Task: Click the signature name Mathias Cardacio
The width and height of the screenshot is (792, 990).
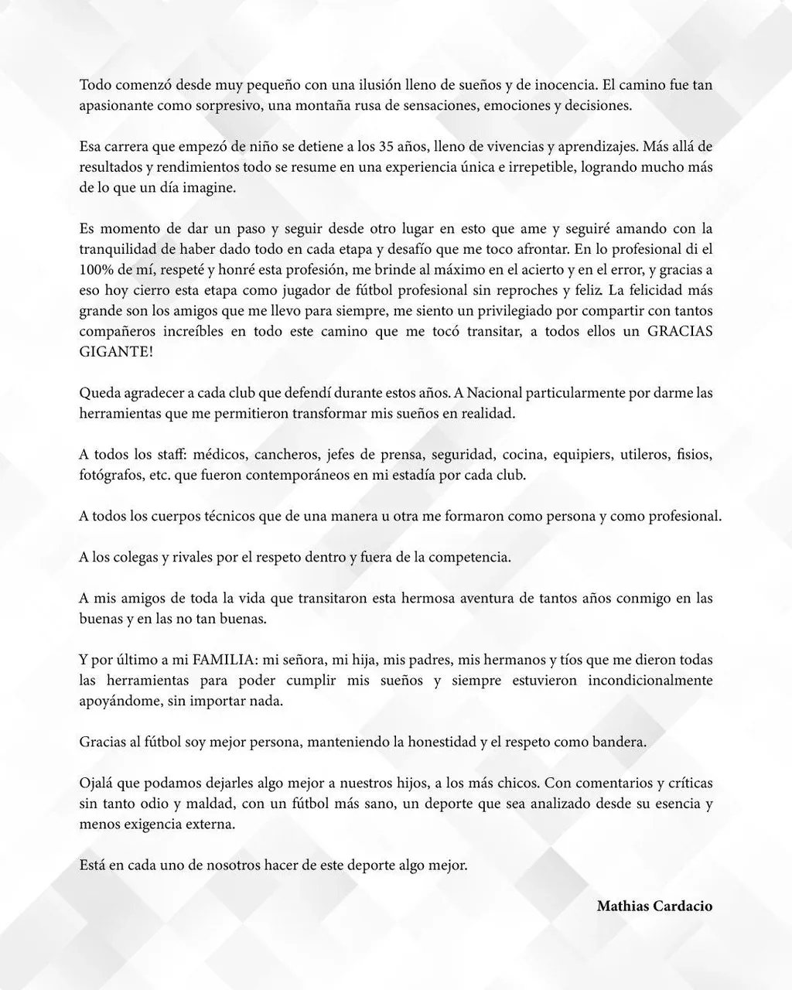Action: (654, 906)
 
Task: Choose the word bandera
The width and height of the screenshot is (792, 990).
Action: (620, 742)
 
